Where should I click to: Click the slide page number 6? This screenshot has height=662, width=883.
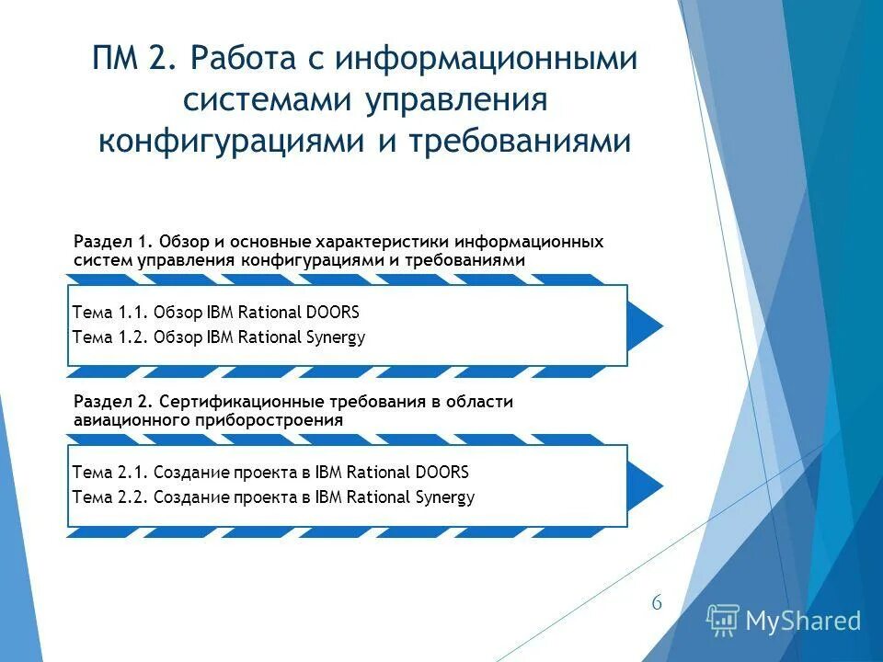(x=657, y=603)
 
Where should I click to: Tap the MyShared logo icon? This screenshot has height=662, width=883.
(x=723, y=621)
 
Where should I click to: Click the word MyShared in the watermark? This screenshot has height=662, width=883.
(x=803, y=622)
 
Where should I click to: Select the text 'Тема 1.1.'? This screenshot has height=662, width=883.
(x=109, y=313)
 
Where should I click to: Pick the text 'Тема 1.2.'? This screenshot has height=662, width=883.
(x=109, y=337)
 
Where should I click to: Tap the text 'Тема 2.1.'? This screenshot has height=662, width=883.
(x=109, y=473)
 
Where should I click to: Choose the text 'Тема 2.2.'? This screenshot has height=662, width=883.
(x=109, y=497)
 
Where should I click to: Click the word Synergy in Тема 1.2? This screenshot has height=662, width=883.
(x=336, y=337)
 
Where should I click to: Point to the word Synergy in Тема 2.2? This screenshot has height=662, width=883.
(x=445, y=498)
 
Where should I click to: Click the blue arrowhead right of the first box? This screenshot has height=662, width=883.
(x=646, y=325)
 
